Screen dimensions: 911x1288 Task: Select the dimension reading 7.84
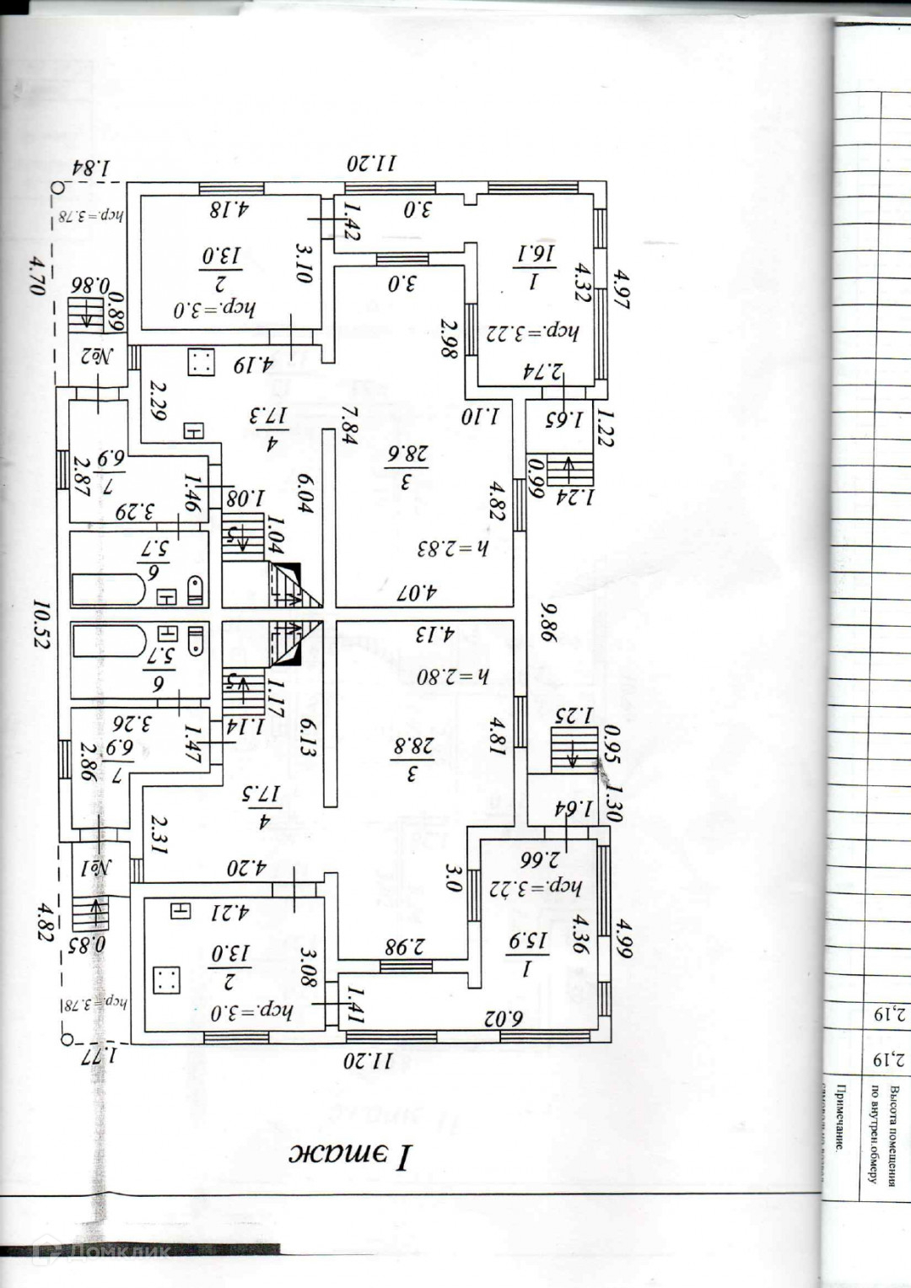348,423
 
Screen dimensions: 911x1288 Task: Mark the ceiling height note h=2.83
453,548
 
